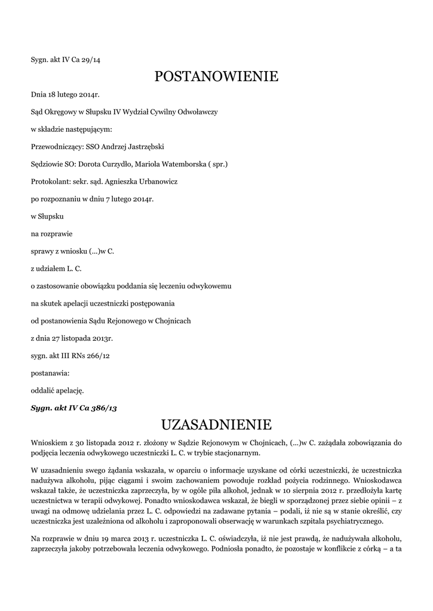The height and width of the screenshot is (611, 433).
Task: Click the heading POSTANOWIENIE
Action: click(x=216, y=76)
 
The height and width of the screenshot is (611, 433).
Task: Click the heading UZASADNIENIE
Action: click(x=216, y=425)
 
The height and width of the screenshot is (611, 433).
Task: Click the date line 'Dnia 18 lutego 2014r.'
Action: click(x=65, y=94)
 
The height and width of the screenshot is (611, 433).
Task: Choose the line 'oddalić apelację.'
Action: click(x=57, y=391)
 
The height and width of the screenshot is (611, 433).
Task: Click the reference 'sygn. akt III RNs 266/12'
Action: click(x=70, y=356)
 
